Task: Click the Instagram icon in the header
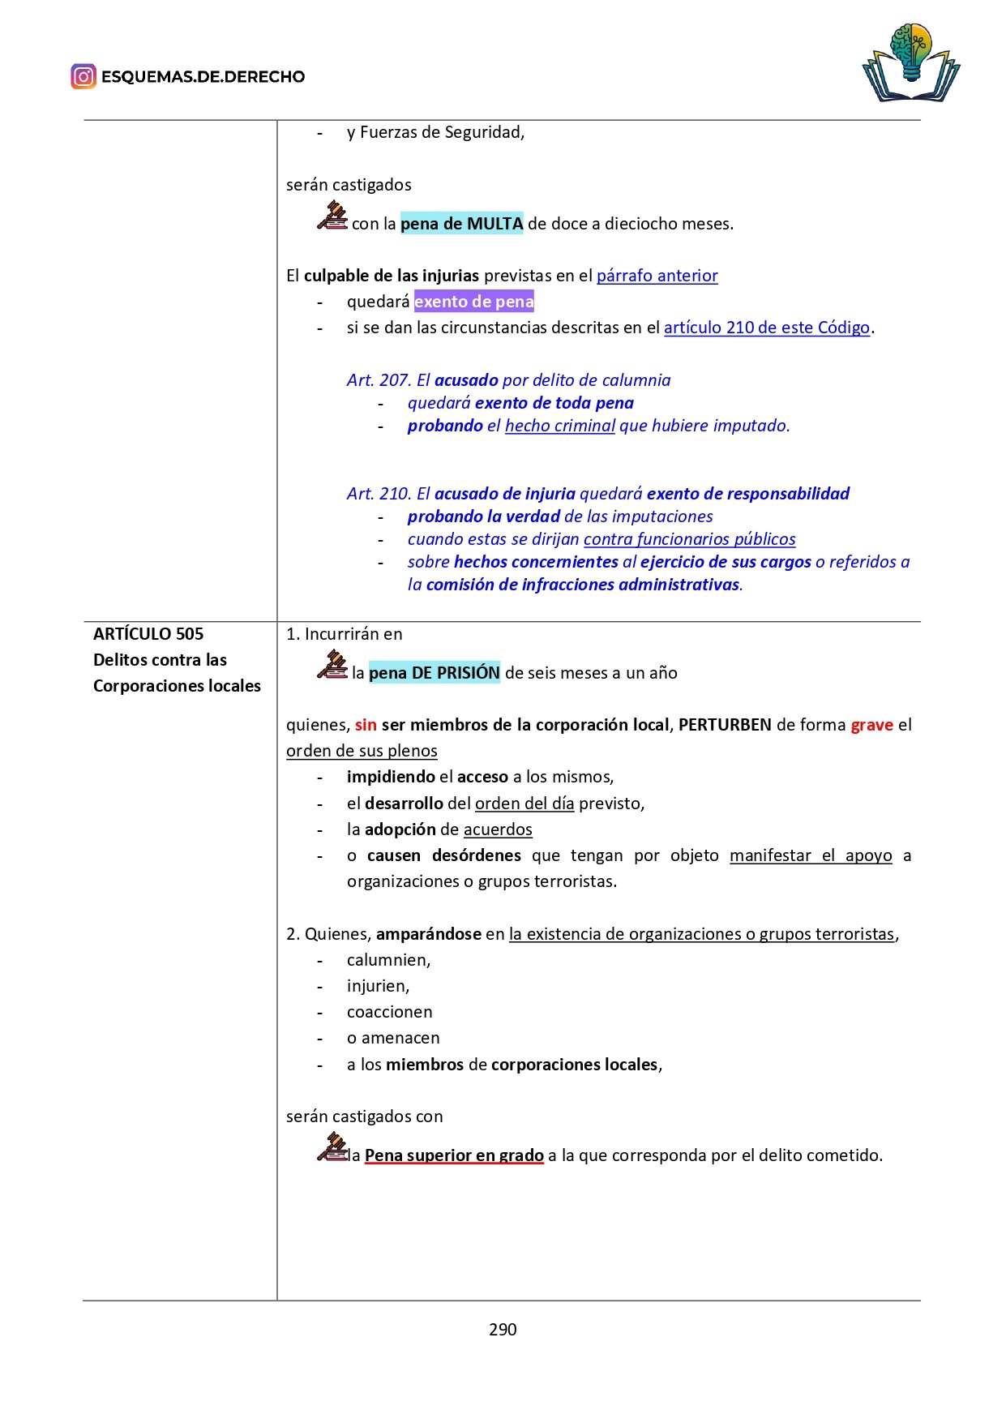coord(83,76)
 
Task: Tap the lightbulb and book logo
coord(911,63)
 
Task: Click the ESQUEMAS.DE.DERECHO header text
coord(203,77)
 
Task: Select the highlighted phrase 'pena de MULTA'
coord(461,224)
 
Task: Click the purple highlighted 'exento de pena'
coord(474,302)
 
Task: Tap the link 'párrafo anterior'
coord(657,276)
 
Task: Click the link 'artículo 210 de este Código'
coord(766,328)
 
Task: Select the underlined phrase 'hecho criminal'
coord(559,426)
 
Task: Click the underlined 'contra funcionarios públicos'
coord(689,539)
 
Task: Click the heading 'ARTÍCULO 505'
coord(148,634)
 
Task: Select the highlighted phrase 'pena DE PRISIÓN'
coord(434,673)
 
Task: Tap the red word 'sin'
coord(366,725)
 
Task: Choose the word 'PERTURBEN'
coord(725,725)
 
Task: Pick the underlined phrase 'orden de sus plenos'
coord(362,751)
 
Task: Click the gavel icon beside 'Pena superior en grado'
coord(332,1147)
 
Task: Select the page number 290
coord(503,1329)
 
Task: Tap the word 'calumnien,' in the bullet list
coord(388,960)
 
